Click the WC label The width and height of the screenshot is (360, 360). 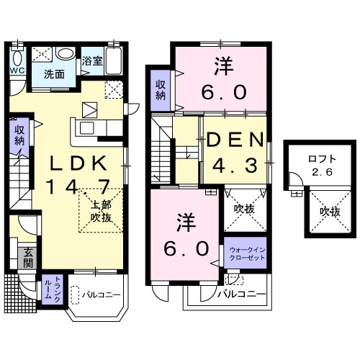coord(17,71)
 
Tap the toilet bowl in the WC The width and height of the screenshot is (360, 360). coord(17,58)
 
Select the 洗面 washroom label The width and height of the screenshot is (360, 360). coord(54,74)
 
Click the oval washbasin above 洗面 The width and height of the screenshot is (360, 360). coord(66,53)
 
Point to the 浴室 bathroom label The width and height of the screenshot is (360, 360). coord(92,61)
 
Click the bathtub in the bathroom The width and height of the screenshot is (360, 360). coord(114,60)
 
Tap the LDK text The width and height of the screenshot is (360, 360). coord(78,163)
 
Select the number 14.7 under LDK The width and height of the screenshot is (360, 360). coord(78,186)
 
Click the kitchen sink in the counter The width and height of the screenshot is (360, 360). coord(87,128)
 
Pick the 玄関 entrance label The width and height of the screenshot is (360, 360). coord(28,258)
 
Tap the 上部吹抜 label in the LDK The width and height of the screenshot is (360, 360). coord(101,211)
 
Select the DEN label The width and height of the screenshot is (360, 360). coord(235,140)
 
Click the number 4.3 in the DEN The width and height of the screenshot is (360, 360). coord(235,165)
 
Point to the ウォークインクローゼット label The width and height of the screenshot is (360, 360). coord(247,254)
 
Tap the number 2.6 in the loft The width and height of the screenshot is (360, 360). coord(323,172)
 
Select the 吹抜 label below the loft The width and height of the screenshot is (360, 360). coord(330,212)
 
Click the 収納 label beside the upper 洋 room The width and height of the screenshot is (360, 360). coord(161,90)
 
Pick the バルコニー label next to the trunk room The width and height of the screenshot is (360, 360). coord(101,294)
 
